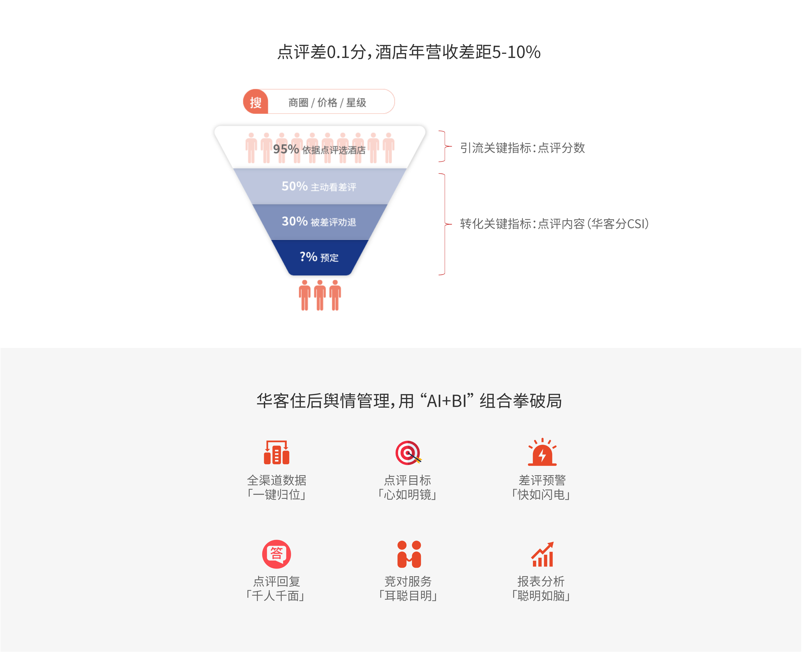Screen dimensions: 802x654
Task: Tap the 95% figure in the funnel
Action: click(x=286, y=149)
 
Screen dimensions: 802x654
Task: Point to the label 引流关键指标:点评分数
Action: click(x=522, y=148)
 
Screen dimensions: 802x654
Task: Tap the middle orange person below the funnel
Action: click(x=320, y=295)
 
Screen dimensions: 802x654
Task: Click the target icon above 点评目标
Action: click(x=408, y=453)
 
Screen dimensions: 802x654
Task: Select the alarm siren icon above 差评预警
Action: click(x=542, y=452)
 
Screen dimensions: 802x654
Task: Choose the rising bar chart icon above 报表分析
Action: click(x=543, y=554)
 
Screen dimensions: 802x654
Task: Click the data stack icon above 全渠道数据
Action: click(x=277, y=452)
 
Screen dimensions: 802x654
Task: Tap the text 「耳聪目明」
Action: click(x=408, y=596)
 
